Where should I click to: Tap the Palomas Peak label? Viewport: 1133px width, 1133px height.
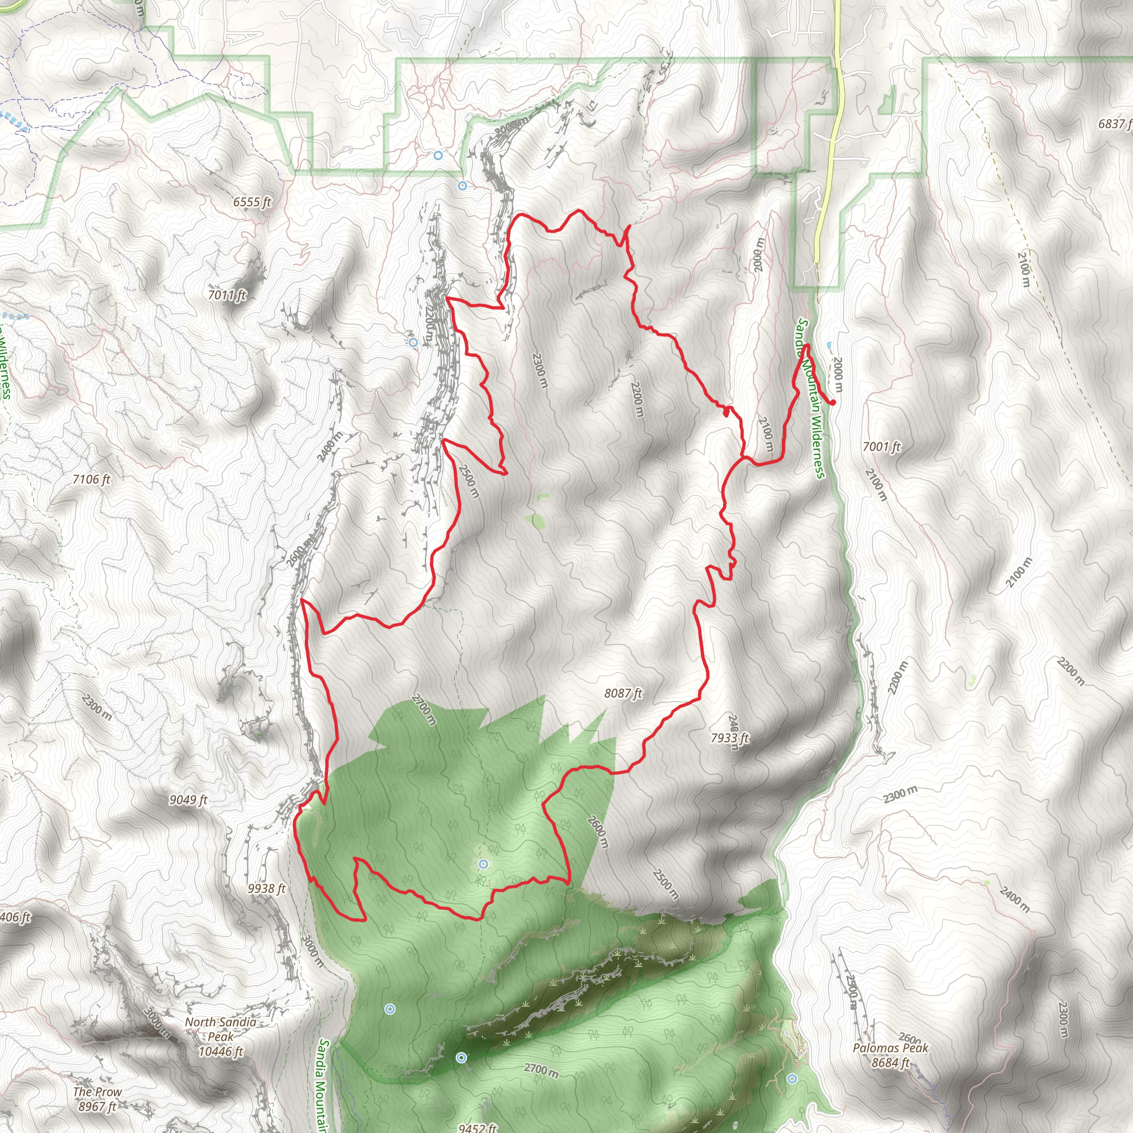[891, 1048]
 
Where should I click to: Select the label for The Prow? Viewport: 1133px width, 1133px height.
[97, 1092]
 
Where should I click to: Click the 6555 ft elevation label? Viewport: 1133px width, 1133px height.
[252, 202]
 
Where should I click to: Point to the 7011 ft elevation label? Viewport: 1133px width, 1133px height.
[227, 295]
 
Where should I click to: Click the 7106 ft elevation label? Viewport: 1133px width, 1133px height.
[91, 480]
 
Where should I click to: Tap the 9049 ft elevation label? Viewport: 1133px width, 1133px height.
[188, 800]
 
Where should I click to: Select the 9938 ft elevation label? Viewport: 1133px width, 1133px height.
[266, 889]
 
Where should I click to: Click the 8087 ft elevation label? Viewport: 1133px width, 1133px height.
[623, 694]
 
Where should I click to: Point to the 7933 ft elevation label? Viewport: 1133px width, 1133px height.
[730, 738]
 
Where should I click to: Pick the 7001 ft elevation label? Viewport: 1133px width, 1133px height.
[881, 447]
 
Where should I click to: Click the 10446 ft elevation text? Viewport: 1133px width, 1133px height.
[221, 1052]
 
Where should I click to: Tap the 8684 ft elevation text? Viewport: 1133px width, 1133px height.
[890, 1063]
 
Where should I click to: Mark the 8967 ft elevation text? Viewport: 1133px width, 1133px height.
[97, 1106]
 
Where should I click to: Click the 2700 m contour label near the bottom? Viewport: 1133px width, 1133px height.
[540, 1070]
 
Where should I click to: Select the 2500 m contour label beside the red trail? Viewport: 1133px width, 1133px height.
[469, 481]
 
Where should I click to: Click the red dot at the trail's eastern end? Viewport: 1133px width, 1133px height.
[833, 402]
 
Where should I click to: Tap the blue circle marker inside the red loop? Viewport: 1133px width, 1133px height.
[483, 864]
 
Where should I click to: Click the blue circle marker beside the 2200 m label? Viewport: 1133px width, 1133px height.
[413, 342]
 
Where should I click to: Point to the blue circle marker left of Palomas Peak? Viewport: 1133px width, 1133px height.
[793, 1078]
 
